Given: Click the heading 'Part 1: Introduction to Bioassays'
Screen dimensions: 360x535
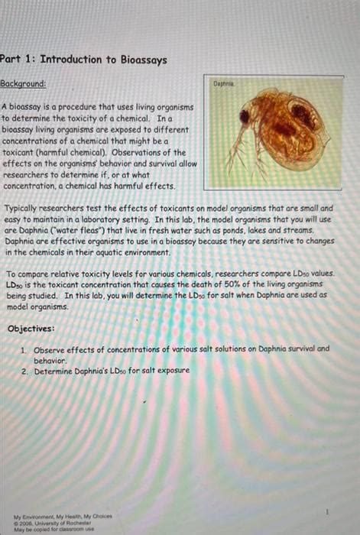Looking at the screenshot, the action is pos(83,60).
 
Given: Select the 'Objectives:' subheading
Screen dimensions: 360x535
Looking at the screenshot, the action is pos(31,328).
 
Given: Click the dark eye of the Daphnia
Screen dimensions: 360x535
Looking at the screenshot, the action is pos(244,118).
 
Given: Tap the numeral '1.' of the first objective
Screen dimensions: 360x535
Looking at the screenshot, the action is pos(25,349).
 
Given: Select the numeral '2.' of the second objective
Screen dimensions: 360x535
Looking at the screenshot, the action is pos(25,371).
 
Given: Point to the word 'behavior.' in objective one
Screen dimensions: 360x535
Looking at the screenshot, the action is pos(50,359).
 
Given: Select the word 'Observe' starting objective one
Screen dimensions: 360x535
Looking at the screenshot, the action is pos(49,349).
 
